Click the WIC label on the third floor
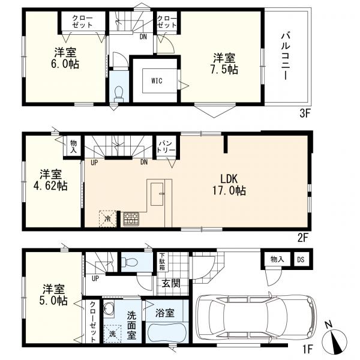point(157,80)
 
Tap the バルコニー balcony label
point(286,56)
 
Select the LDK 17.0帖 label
point(229,185)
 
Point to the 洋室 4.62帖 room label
point(50,180)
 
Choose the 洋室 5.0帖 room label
point(53,295)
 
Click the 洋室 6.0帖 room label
point(65,58)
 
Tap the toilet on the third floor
point(119,94)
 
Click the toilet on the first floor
point(129,262)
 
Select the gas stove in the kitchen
point(131,219)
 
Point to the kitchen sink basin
point(157,194)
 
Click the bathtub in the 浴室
point(167,331)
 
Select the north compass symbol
point(334,337)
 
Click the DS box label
point(301,259)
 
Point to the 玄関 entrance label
point(171,284)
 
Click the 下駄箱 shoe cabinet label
point(163,262)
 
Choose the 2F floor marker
point(302,238)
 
